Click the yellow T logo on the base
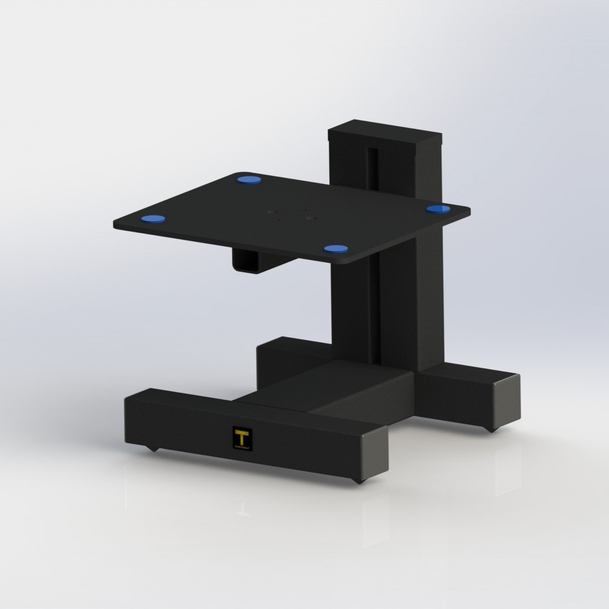tap(242, 436)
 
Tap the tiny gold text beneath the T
tap(242, 447)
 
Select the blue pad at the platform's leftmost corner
tap(153, 219)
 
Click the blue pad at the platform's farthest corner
tap(249, 180)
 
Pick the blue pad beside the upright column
tap(438, 209)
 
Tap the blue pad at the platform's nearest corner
tap(336, 249)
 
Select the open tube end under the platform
tap(246, 261)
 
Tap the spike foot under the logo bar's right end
tap(358, 482)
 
